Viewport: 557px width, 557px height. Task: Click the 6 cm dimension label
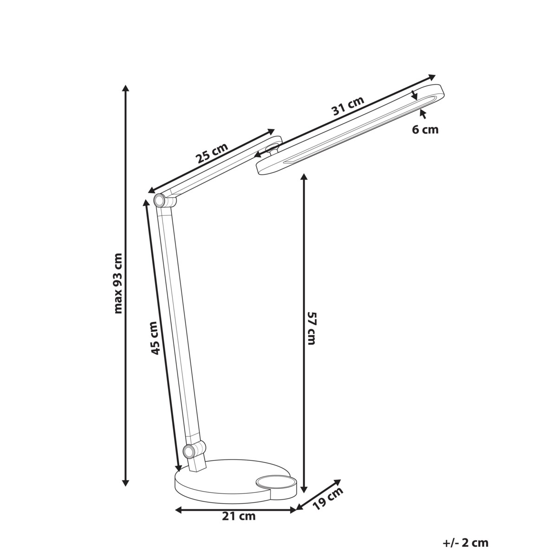pyautogui.click(x=425, y=130)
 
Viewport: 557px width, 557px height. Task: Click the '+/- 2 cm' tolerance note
pyautogui.click(x=466, y=543)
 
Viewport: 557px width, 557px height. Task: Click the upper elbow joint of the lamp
pyautogui.click(x=159, y=201)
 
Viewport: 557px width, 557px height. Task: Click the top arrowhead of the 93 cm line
pyautogui.click(x=125, y=88)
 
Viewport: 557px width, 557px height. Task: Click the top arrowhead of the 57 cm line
pyautogui.click(x=304, y=177)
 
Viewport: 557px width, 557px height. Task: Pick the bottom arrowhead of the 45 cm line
pyautogui.click(x=177, y=468)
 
